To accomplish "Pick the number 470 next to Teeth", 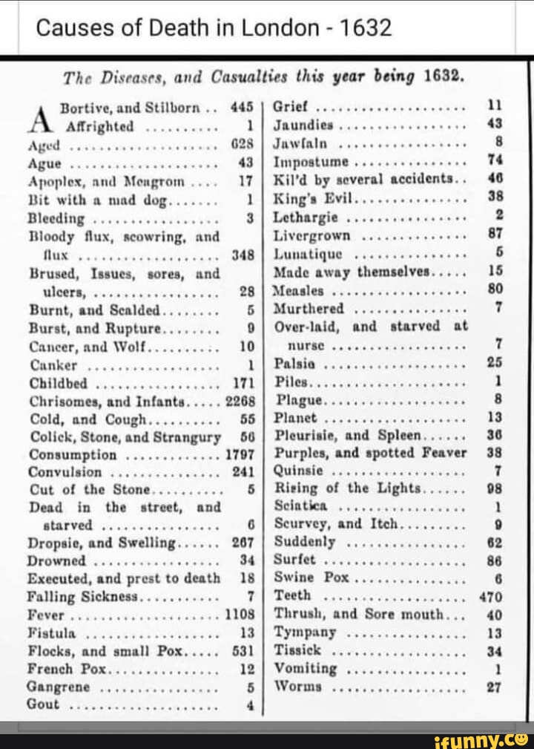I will [491, 597].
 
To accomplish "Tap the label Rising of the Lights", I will [347, 488].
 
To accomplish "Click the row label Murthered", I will [309, 309].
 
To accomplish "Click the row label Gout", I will [43, 704].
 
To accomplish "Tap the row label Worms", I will [298, 687].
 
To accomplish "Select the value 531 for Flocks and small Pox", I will [243, 651].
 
